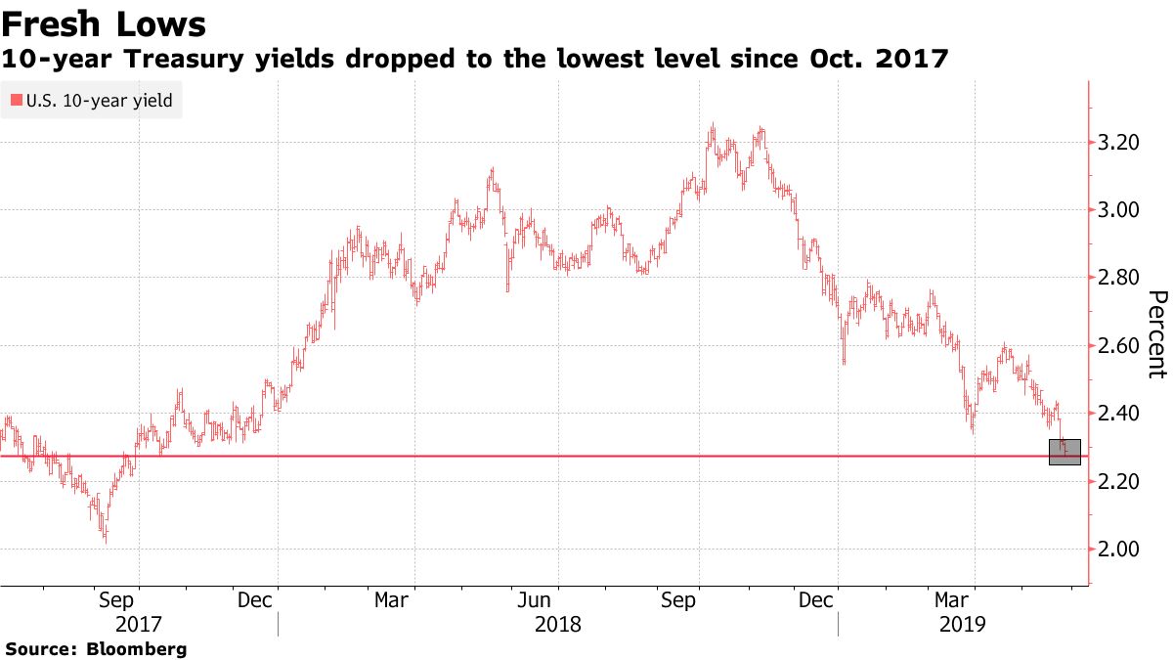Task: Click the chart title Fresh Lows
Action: tap(104, 22)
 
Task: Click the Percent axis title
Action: tap(1157, 334)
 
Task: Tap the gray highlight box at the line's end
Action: tap(1064, 452)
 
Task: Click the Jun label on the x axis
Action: tap(558, 599)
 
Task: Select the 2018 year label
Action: tap(558, 623)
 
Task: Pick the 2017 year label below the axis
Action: tap(139, 623)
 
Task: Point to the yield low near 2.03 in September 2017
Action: tap(105, 537)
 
